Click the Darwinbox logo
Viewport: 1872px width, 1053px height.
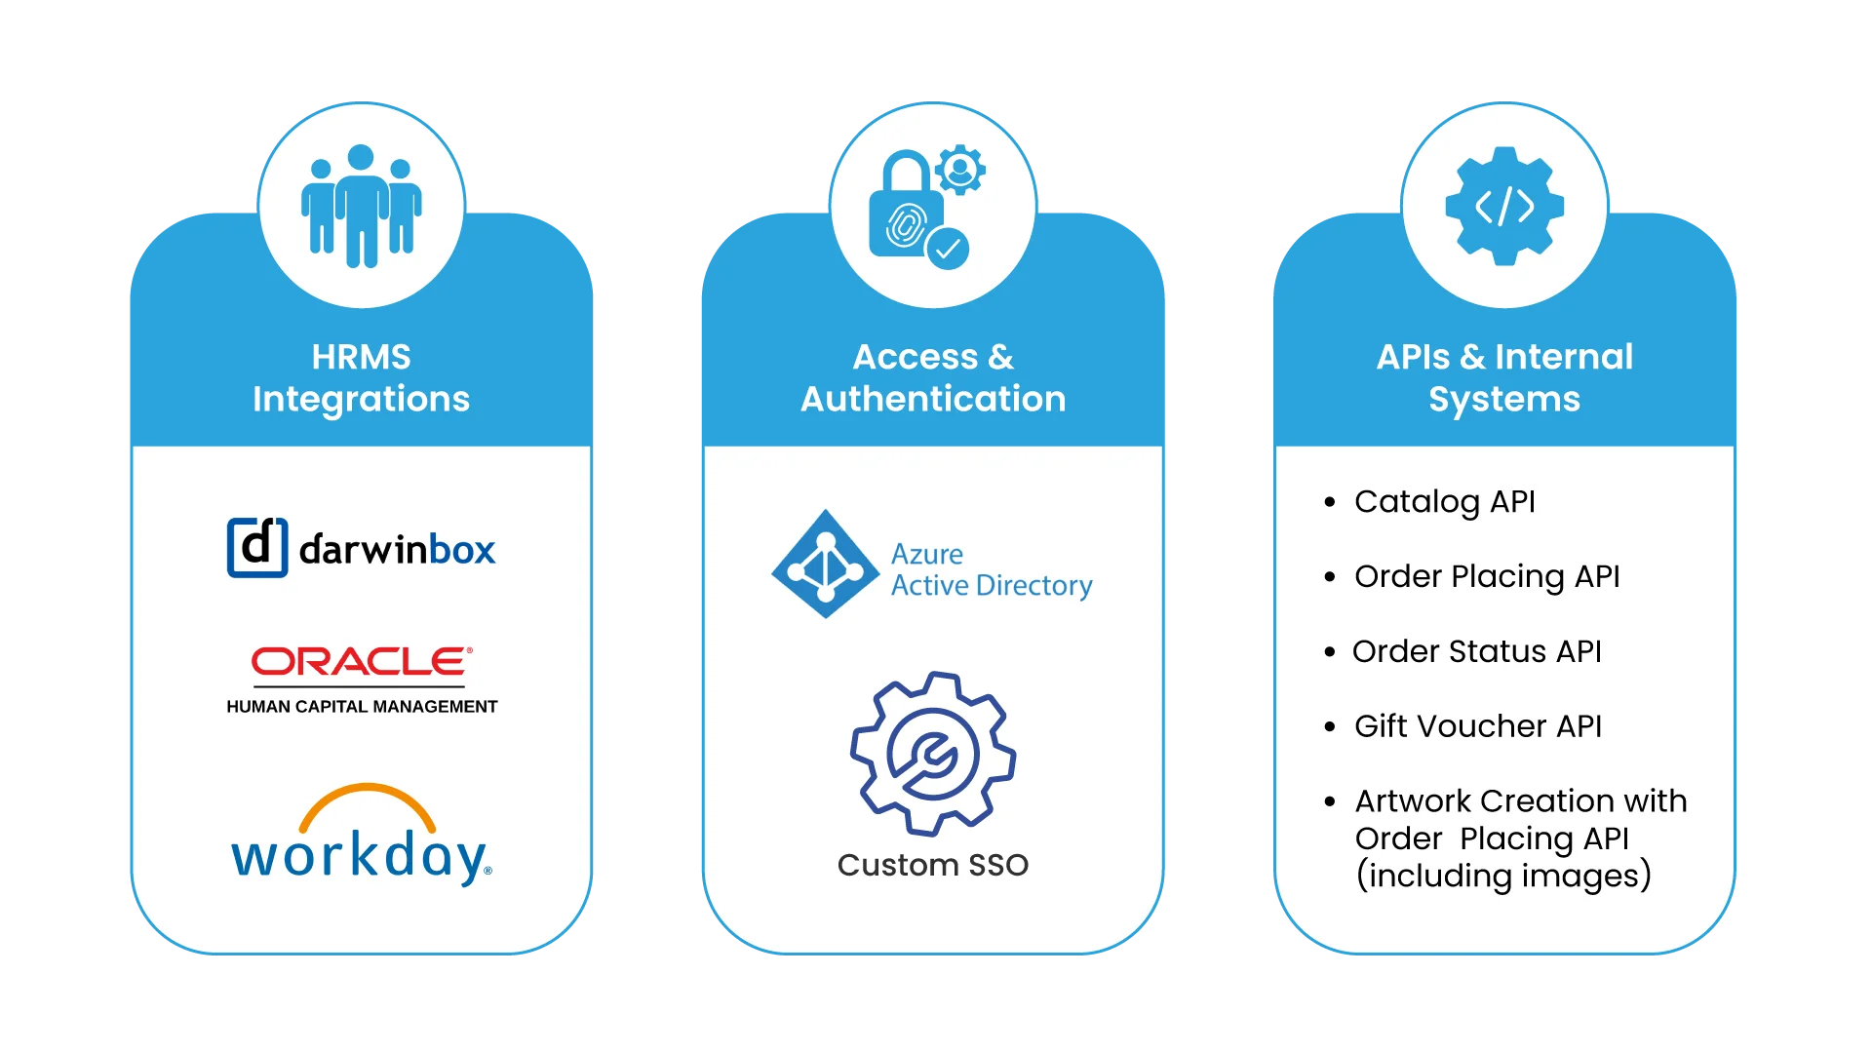(361, 548)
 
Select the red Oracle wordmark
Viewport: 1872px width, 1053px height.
(362, 662)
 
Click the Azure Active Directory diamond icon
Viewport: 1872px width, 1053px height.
(826, 564)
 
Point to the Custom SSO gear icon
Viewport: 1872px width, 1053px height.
(933, 753)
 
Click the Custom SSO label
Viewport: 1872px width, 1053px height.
(933, 865)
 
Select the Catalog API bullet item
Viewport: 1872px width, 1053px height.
(1444, 501)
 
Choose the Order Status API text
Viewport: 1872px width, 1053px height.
(1476, 651)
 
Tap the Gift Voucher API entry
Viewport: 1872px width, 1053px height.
(1477, 726)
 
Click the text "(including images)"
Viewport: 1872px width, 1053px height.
(1503, 876)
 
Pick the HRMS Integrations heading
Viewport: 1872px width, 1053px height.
(361, 377)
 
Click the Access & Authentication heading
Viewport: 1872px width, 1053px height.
(933, 377)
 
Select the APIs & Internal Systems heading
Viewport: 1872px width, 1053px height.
(1504, 377)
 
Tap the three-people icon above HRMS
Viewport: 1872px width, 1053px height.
(361, 206)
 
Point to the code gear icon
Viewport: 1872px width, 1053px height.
(1504, 206)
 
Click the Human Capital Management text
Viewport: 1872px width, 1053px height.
(362, 707)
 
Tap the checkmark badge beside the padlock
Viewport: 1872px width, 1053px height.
(947, 249)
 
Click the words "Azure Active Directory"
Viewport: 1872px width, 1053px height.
(991, 570)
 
